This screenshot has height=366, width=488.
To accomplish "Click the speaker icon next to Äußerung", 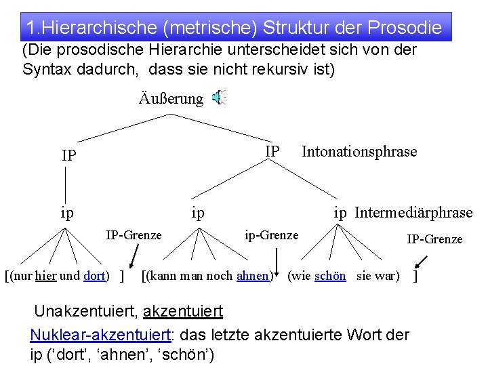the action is click(x=218, y=98).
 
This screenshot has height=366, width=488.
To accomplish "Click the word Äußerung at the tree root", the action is click(x=171, y=99).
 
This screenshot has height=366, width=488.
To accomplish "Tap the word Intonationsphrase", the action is click(x=359, y=151).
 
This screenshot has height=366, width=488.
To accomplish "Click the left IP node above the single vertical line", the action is click(x=68, y=155).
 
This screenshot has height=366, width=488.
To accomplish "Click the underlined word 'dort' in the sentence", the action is click(x=94, y=276).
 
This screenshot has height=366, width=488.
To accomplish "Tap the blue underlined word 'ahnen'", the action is click(x=253, y=276).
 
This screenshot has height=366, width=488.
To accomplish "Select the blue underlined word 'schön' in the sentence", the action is click(x=330, y=276).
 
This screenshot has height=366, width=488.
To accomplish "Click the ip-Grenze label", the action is click(x=271, y=235).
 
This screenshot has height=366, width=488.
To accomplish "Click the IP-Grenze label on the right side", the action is click(x=434, y=239).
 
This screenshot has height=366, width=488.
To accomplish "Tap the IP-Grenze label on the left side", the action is click(x=134, y=235).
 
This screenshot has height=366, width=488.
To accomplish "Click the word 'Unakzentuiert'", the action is click(x=85, y=312).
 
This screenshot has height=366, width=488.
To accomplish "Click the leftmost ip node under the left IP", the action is click(x=66, y=213).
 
